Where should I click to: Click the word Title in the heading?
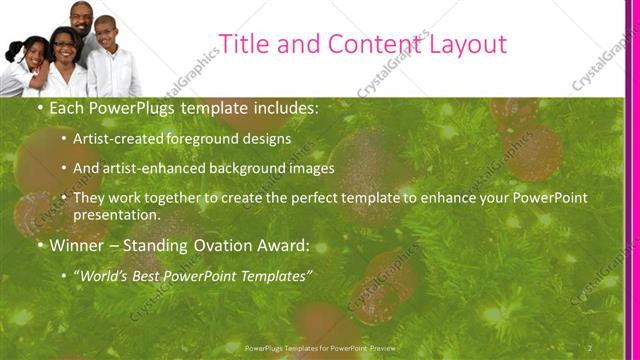243,44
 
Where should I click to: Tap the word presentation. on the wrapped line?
117,215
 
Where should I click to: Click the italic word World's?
105,274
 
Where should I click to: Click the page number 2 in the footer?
590,347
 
